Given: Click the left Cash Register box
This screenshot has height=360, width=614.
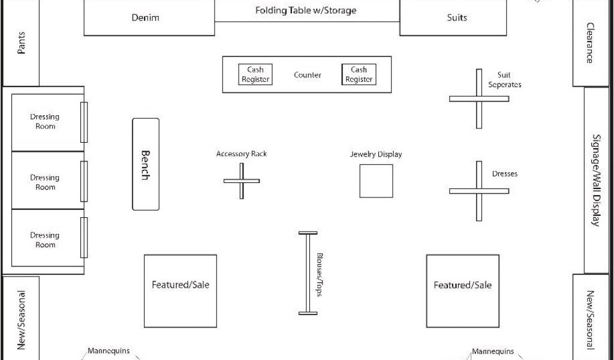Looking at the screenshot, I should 255,74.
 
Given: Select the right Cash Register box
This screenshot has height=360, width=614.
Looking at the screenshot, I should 359,74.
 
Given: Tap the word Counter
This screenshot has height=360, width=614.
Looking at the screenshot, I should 307,75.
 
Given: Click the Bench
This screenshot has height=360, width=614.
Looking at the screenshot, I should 146,164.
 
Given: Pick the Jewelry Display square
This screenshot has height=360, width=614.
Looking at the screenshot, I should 376,181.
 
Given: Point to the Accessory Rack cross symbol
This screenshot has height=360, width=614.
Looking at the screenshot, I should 242,181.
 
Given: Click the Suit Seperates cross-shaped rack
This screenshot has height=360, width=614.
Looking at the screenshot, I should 479,98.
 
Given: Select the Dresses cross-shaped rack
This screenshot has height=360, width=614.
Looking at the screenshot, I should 479,191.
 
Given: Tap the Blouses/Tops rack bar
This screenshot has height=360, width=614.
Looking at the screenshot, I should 308,273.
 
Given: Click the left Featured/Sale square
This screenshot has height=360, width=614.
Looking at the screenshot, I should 180,291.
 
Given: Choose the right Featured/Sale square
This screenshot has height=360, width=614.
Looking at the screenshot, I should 462,291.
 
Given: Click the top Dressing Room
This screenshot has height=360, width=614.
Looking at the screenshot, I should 45,122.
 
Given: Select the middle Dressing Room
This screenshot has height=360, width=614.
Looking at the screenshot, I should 45,182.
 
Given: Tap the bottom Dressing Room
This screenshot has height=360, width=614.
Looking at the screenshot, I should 45,239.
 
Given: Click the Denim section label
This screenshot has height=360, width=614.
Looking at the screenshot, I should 146,18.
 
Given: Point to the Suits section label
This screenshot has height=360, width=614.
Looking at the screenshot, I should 457,18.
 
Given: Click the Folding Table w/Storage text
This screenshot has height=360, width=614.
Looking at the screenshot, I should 306,11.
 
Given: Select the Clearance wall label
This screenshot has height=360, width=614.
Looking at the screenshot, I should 590,43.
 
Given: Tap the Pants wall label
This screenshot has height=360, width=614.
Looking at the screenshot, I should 22,43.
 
